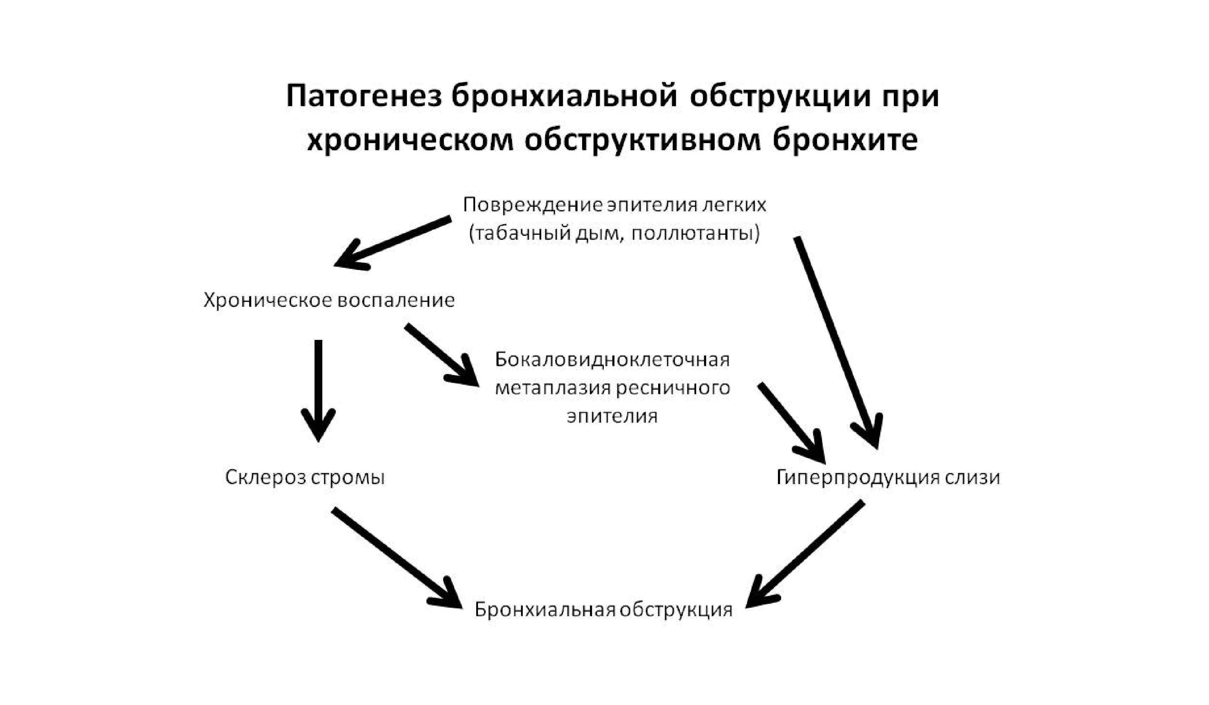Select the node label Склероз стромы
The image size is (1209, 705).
[x=305, y=477]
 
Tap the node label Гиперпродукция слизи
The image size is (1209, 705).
[x=888, y=477]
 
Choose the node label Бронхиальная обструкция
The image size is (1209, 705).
[x=603, y=609]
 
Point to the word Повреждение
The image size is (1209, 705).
[x=532, y=205]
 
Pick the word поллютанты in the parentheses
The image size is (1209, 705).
[x=695, y=234]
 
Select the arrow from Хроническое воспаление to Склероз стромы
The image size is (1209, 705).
[x=318, y=389]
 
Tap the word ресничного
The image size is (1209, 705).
[x=673, y=387]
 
